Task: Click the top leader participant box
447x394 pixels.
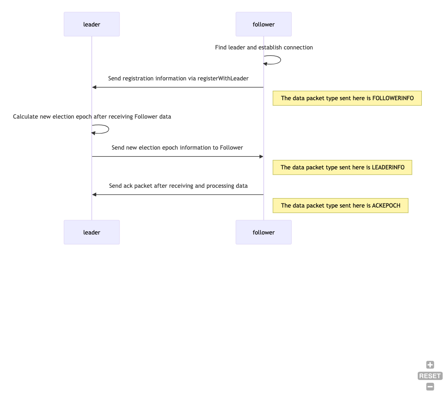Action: point(91,24)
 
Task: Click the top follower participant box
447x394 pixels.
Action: point(264,24)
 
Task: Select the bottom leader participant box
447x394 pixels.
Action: point(91,232)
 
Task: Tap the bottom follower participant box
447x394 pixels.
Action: point(264,232)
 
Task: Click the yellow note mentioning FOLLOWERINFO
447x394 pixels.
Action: point(347,98)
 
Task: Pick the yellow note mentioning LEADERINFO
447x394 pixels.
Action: point(342,168)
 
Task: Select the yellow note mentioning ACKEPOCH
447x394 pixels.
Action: point(340,206)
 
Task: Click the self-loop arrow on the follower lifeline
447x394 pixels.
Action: point(281,60)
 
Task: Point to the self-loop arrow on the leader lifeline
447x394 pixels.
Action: point(109,129)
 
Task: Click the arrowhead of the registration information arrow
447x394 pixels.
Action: point(94,87)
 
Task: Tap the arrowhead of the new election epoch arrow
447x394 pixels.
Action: point(261,156)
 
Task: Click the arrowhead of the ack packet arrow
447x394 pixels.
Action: point(94,195)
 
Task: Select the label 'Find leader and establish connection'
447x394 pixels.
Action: point(264,47)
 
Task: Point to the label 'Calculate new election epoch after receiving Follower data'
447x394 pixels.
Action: point(92,116)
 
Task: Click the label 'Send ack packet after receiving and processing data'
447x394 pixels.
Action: point(178,186)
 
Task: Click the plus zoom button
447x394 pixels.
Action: point(430,365)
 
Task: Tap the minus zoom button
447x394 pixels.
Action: point(430,387)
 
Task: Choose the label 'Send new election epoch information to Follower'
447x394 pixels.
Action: point(177,147)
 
